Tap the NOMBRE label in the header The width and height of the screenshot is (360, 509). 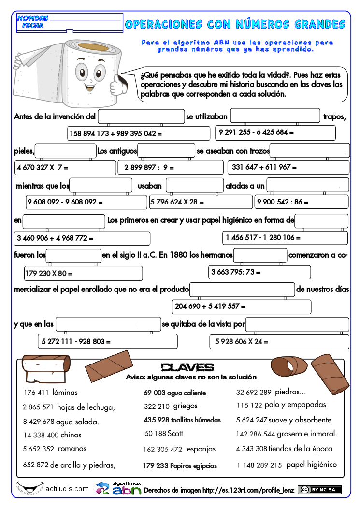point(33,18)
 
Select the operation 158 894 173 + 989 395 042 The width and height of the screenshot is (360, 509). point(115,133)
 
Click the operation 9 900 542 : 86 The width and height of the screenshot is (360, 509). point(283,202)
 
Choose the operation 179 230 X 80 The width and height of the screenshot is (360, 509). point(49,274)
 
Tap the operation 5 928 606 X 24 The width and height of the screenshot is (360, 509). point(239,342)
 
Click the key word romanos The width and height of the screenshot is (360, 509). point(72,449)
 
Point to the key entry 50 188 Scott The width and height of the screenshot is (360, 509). point(164,434)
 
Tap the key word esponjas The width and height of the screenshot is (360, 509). point(201,449)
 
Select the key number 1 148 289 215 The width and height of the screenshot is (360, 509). point(259,465)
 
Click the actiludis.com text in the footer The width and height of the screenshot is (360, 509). point(67,489)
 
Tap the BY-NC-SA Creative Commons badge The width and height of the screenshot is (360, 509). point(319,490)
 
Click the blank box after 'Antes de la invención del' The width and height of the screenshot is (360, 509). point(141,116)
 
